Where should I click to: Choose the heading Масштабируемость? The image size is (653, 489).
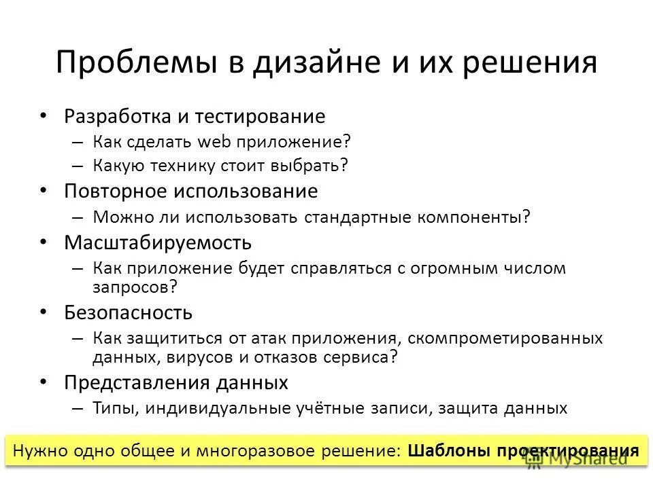point(158,242)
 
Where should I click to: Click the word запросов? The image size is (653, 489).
point(131,287)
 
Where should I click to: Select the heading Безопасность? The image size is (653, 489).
point(128,312)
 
